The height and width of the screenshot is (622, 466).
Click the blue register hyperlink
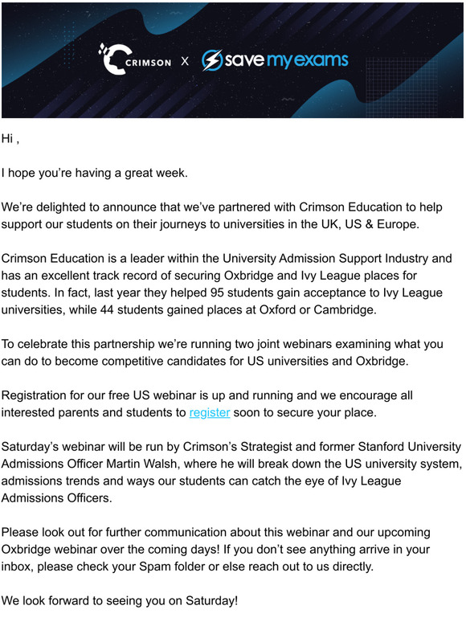point(210,412)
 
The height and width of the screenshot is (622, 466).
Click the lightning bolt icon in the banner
point(212,60)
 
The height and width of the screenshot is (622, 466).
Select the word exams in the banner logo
point(321,60)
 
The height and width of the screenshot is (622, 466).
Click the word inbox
point(17,567)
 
